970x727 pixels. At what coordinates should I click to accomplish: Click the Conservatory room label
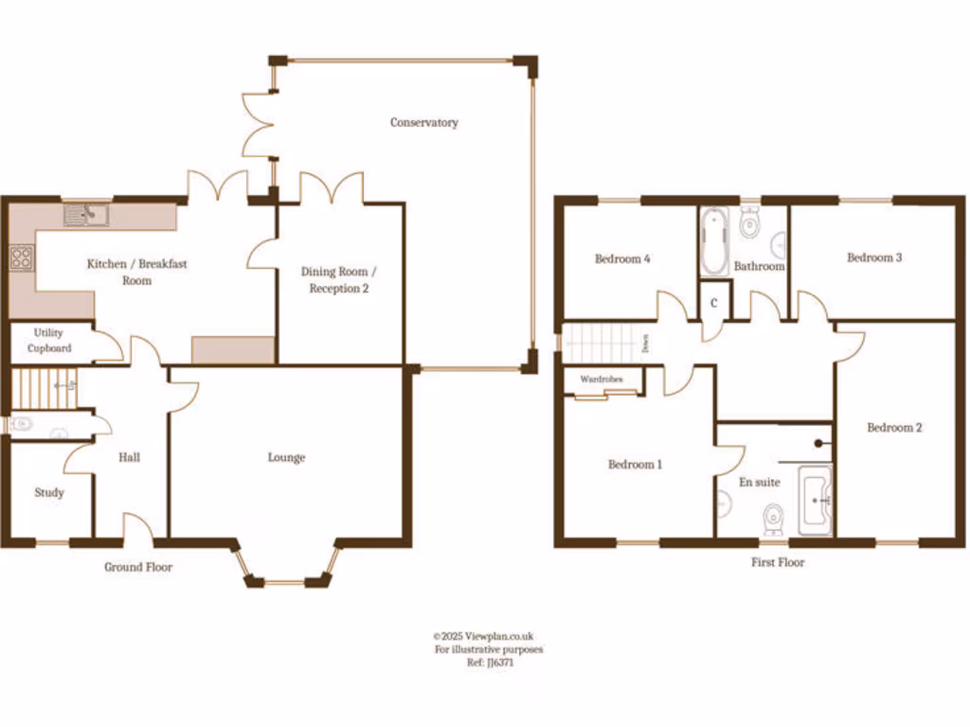[423, 122]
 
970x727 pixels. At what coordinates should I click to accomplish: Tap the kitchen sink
[86, 216]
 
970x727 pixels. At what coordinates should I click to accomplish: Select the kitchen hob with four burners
[21, 257]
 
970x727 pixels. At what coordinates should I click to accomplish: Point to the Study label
[49, 492]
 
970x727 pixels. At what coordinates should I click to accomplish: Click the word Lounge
[286, 457]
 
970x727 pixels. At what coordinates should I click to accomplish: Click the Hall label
[130, 457]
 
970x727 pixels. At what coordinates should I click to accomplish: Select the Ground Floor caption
[138, 567]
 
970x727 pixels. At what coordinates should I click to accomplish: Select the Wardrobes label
[602, 379]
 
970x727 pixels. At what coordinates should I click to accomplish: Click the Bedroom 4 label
[621, 258]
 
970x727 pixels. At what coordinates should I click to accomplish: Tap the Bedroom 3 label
[873, 257]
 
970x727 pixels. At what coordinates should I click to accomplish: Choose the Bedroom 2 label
[894, 427]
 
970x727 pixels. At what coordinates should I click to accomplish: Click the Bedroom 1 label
[635, 464]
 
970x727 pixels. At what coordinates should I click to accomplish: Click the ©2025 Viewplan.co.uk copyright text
[483, 637]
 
